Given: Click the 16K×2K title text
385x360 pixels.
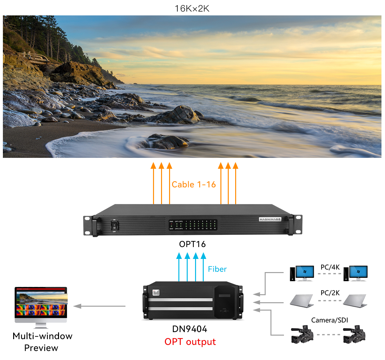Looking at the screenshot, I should [x=192, y=9].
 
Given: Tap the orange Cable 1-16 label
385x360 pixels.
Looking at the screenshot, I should [x=193, y=184].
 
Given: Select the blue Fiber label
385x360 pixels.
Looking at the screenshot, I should [x=217, y=269].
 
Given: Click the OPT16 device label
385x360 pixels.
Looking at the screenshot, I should [x=192, y=244].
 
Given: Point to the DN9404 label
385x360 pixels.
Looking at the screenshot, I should [x=190, y=329].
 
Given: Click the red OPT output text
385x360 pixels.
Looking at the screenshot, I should [x=190, y=342].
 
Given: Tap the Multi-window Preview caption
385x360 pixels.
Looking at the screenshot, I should [x=42, y=342].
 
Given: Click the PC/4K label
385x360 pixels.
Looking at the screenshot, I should [x=330, y=267].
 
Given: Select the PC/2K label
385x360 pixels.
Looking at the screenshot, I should [x=330, y=293].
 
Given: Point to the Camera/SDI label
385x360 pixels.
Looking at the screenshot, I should [x=329, y=320].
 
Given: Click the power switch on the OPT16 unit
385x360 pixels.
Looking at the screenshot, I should [x=114, y=226].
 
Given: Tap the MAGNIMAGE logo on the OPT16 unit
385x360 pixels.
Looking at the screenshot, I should [x=270, y=219].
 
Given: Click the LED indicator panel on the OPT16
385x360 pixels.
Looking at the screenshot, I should [x=193, y=225].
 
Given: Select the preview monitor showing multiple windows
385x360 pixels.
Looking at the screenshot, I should [x=41, y=305].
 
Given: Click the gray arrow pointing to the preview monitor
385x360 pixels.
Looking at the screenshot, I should [x=99, y=306].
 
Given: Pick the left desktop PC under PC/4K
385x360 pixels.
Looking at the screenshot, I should [x=302, y=274].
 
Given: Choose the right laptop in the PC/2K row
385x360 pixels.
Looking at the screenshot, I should [x=355, y=301].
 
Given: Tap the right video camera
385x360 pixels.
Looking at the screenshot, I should [x=354, y=334].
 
